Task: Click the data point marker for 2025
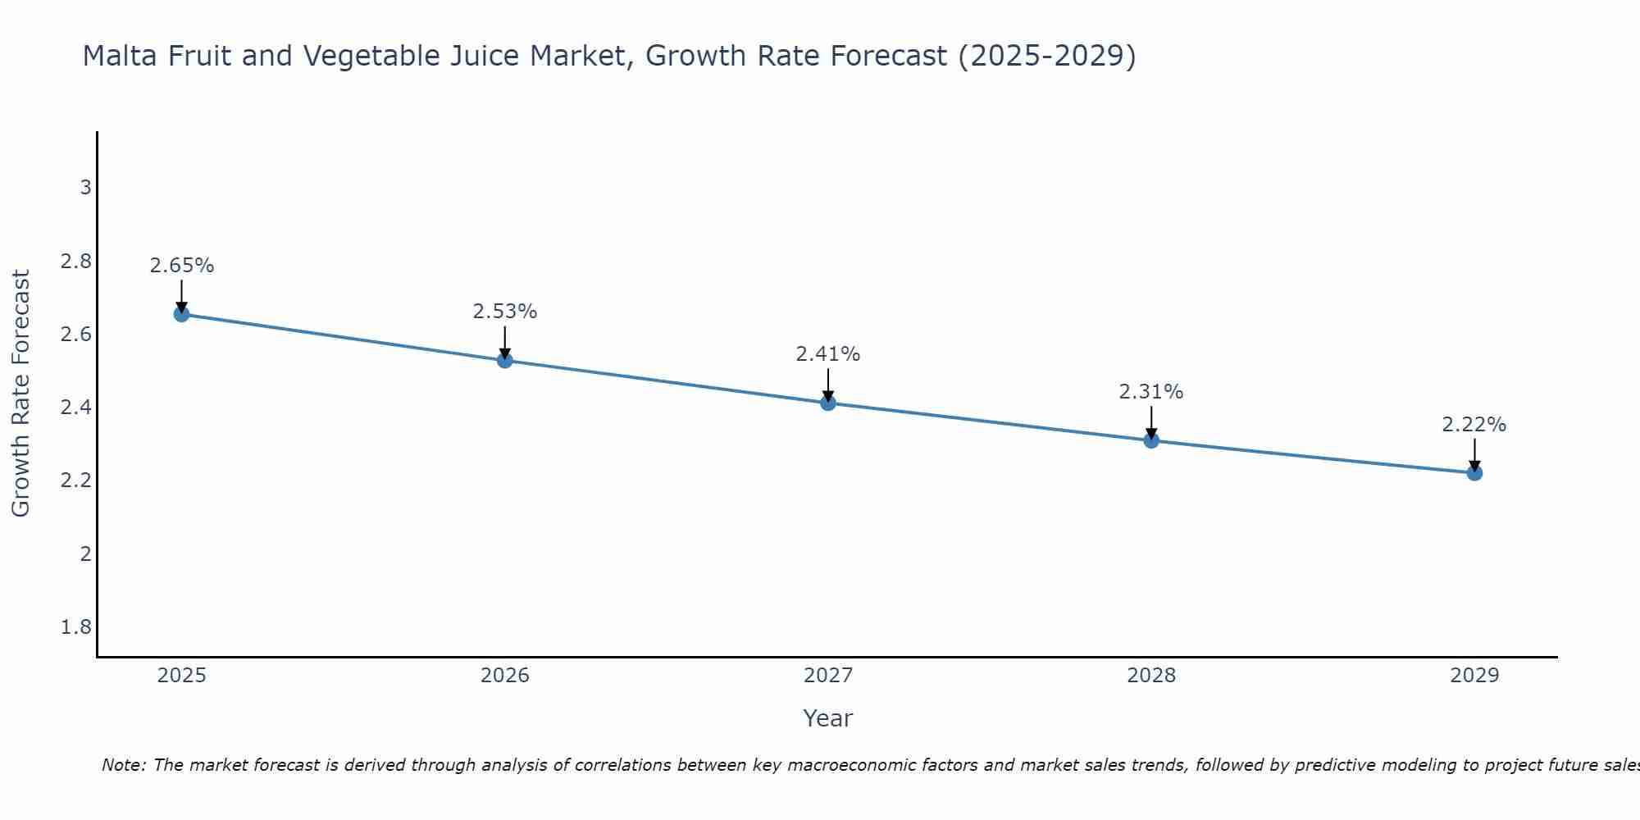click(182, 314)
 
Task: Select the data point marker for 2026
click(505, 360)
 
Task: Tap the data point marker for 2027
click(828, 403)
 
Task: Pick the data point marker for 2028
click(1151, 440)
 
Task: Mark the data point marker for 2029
click(1474, 472)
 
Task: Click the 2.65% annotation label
click(182, 266)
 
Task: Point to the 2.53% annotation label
click(505, 312)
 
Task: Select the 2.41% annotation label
click(828, 354)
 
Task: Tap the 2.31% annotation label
click(1151, 392)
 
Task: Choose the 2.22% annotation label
click(1474, 425)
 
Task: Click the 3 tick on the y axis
click(85, 188)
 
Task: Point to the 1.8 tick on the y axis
click(76, 627)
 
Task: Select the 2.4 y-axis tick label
click(76, 408)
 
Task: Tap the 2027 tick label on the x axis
click(828, 676)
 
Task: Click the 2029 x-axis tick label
click(1474, 676)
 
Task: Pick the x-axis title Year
click(828, 718)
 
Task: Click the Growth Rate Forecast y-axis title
click(21, 394)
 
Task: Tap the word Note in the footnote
click(123, 765)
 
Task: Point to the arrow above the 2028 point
click(1151, 422)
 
